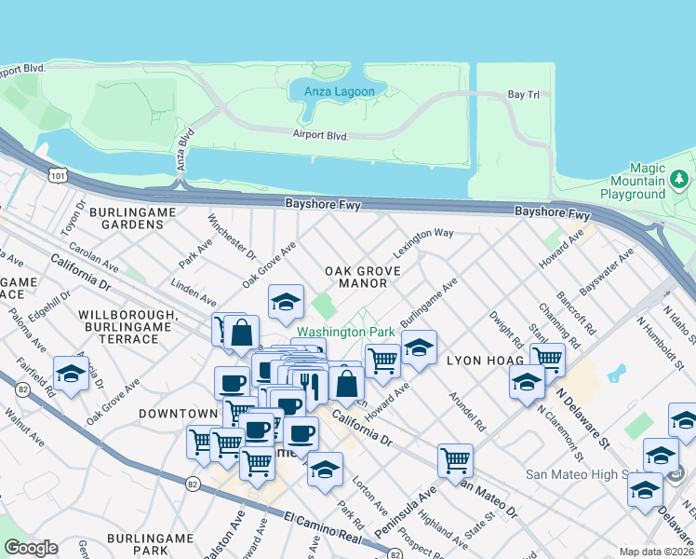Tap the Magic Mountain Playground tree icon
[x=680, y=178]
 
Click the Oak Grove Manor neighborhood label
[x=363, y=277]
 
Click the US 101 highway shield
[x=59, y=173]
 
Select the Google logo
[x=31, y=548]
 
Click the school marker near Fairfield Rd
[x=70, y=375]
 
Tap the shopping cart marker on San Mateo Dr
[x=455, y=459]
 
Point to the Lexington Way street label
[x=423, y=242]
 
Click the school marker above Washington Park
[x=287, y=302]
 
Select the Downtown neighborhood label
[x=178, y=413]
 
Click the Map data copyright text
[x=657, y=552]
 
